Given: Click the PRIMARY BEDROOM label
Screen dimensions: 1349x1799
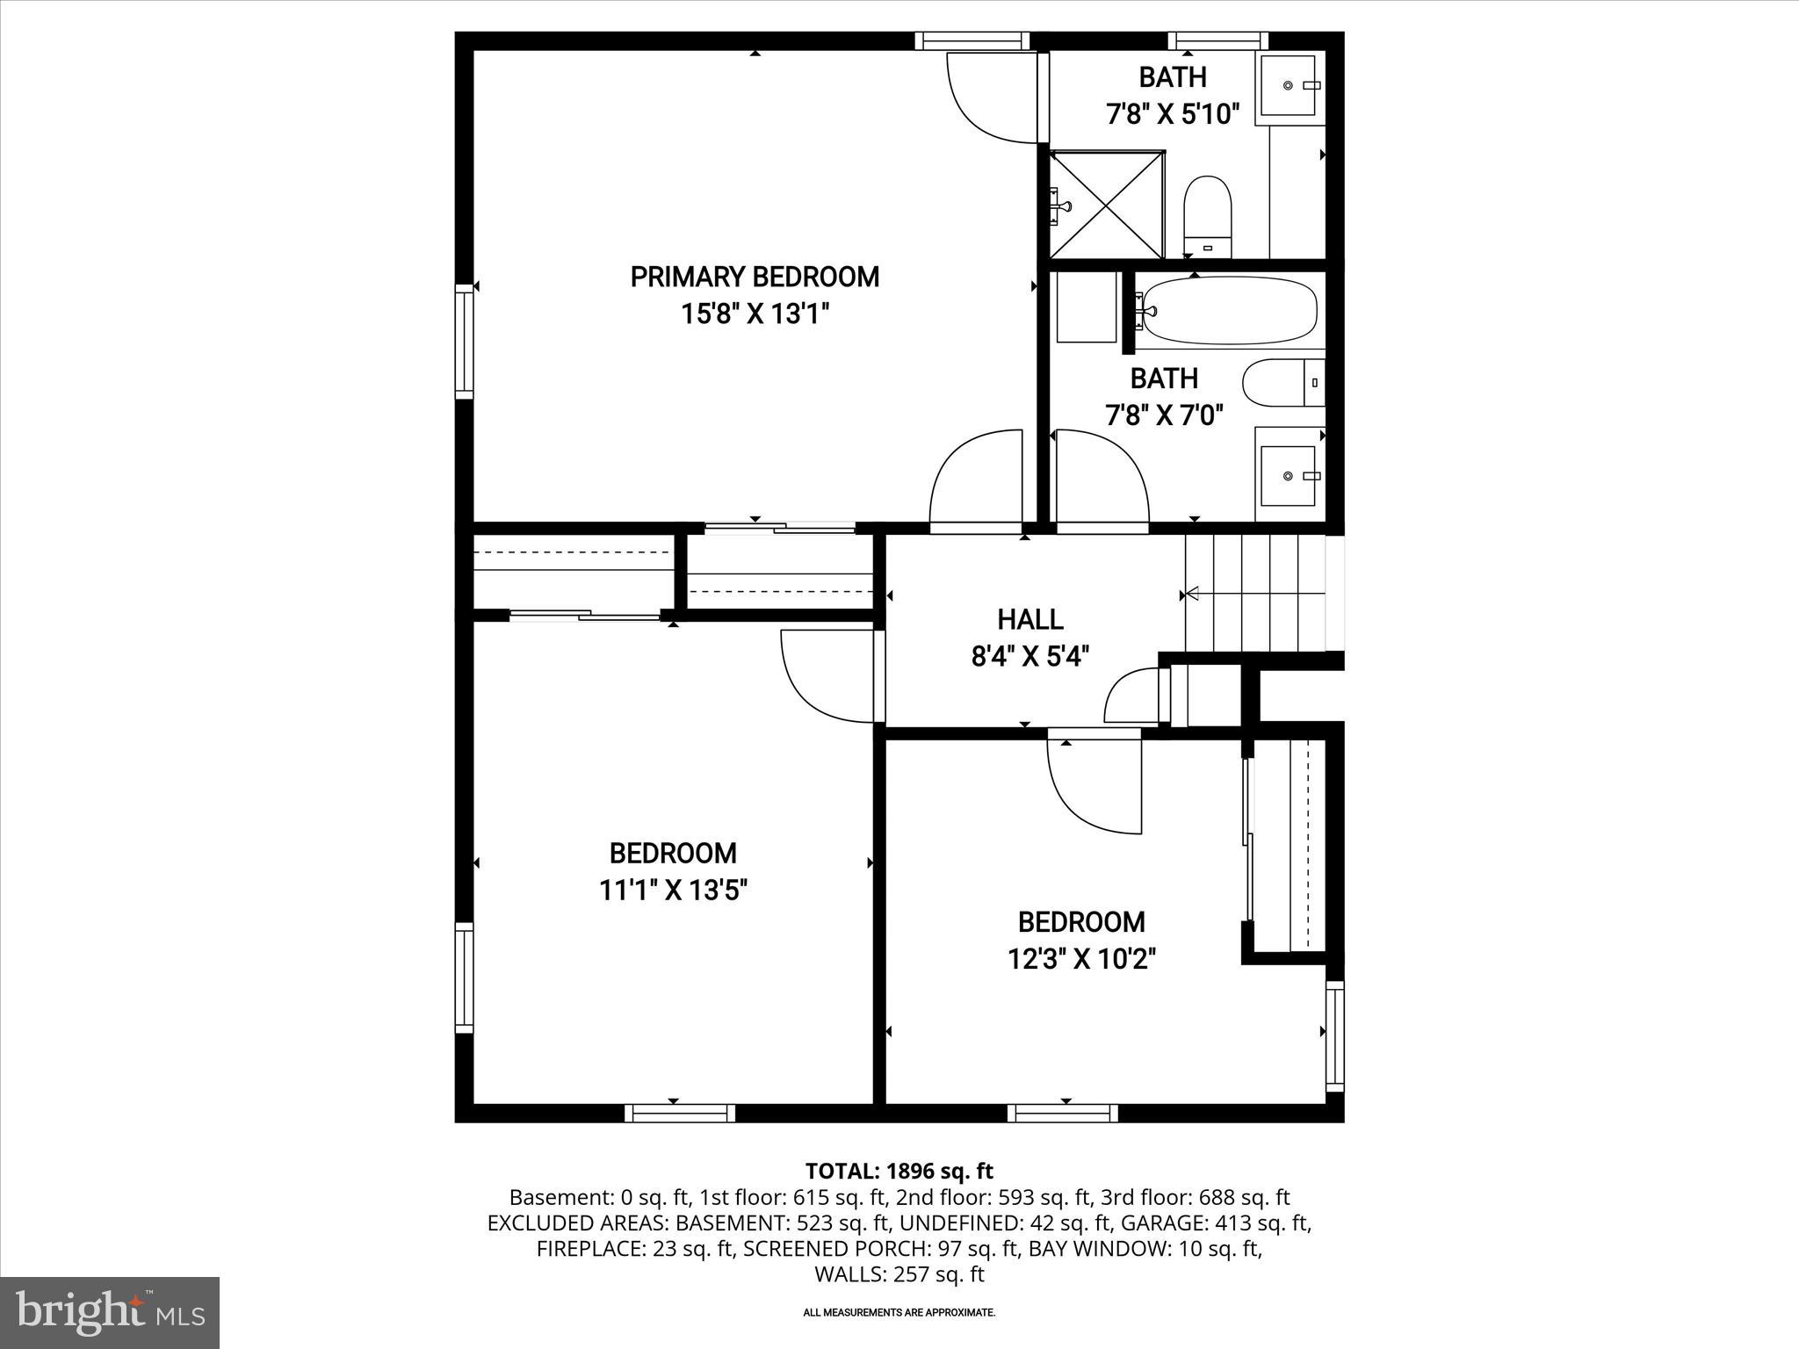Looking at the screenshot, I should click(x=755, y=277).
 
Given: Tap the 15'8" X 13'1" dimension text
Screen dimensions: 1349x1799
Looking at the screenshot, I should click(x=755, y=314).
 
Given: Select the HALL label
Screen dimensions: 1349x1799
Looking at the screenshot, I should click(x=1030, y=619).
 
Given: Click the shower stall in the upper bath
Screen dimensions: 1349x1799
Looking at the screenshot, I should click(x=1108, y=205).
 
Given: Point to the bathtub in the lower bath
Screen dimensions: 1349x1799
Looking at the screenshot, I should click(x=1228, y=310).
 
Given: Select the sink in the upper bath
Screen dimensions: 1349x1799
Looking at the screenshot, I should click(x=1289, y=84).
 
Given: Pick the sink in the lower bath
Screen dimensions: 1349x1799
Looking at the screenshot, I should click(x=1289, y=475).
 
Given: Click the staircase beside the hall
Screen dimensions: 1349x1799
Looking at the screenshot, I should click(x=1254, y=595).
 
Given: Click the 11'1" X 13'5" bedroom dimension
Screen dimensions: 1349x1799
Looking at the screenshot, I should click(x=673, y=891).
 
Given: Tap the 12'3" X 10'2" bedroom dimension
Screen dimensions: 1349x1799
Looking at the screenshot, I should click(x=1080, y=958).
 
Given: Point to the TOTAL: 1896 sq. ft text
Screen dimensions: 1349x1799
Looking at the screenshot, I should click(x=899, y=1171).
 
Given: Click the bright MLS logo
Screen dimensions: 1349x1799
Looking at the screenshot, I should click(x=110, y=1312).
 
